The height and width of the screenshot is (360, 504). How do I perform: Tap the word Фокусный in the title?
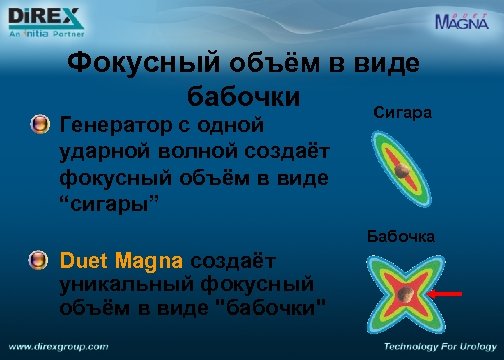point(140,66)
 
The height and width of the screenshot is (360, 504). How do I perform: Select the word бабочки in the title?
point(244,99)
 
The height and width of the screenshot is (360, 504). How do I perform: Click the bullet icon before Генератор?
point(39,125)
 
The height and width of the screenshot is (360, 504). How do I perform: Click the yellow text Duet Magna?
point(121,261)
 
